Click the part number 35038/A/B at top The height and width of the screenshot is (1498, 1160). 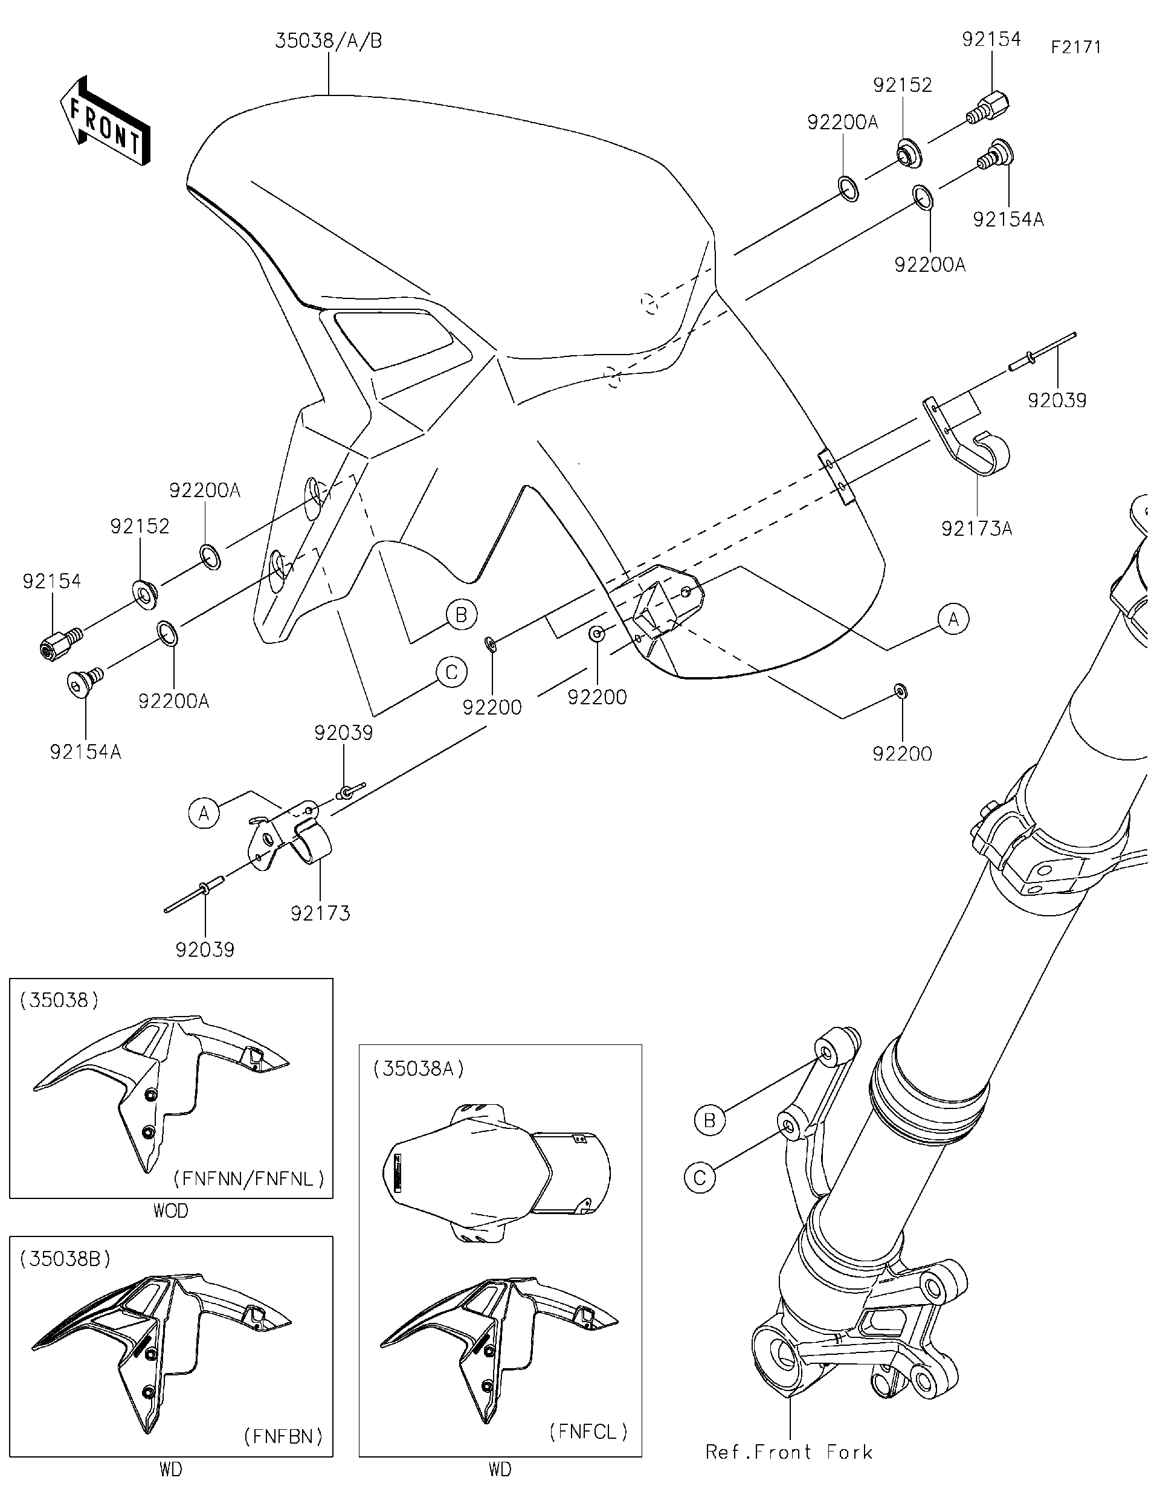click(329, 41)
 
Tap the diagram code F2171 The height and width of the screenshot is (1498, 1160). click(1075, 47)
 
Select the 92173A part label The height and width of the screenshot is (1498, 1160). click(976, 529)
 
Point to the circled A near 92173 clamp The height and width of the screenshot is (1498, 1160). click(204, 814)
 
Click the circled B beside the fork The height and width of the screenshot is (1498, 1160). click(709, 1120)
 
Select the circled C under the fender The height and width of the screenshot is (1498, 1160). click(451, 672)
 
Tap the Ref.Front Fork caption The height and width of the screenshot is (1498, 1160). click(789, 1452)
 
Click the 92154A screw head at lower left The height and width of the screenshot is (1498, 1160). click(80, 683)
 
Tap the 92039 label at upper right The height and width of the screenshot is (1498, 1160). click(1057, 400)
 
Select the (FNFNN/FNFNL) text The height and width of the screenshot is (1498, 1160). click(248, 1179)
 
